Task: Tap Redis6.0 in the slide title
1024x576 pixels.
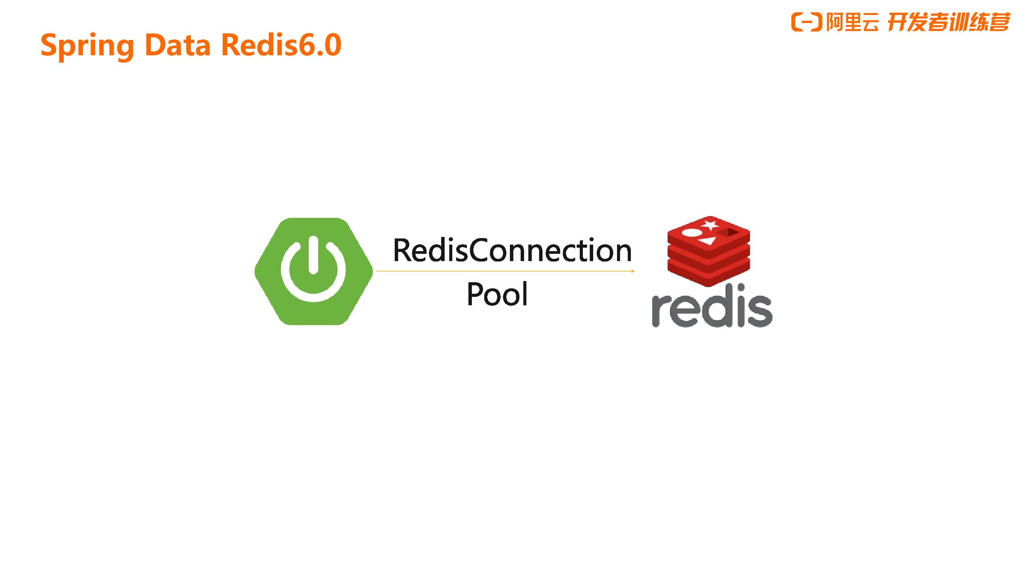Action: pyautogui.click(x=281, y=45)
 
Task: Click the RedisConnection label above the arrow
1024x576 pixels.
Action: pyautogui.click(x=512, y=250)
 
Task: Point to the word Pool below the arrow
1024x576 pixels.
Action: pyautogui.click(x=497, y=294)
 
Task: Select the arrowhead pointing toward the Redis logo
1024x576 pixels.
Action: pyautogui.click(x=632, y=271)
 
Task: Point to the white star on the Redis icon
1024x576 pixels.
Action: pyautogui.click(x=710, y=225)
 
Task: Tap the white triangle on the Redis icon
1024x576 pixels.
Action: pyautogui.click(x=708, y=240)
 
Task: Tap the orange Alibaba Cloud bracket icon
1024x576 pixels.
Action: pyautogui.click(x=806, y=22)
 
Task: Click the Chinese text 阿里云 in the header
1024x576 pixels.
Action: pyautogui.click(x=852, y=22)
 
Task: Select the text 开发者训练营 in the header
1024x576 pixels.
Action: pyautogui.click(x=948, y=22)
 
